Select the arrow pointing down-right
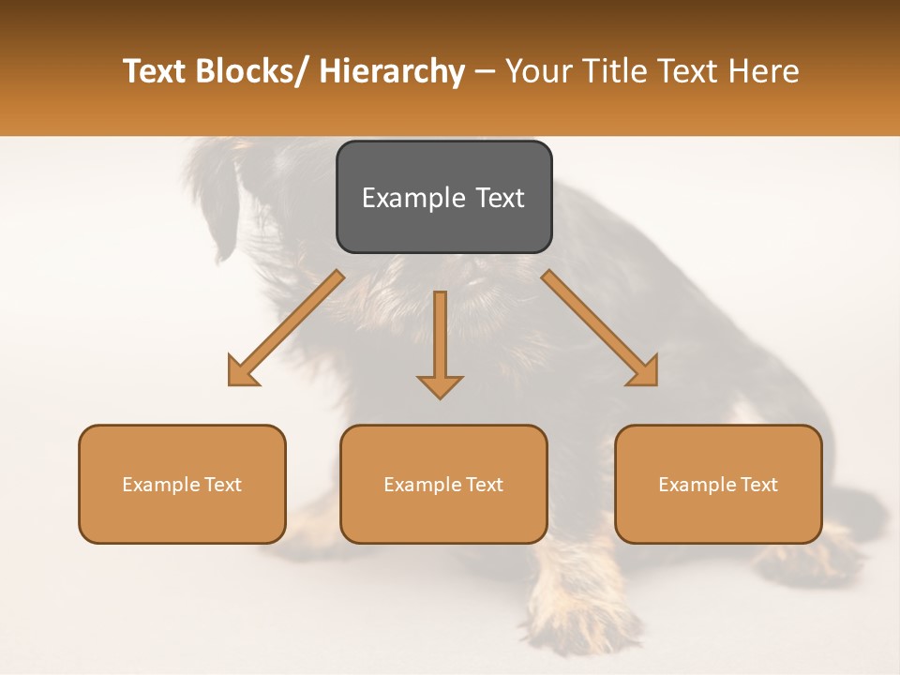[600, 329]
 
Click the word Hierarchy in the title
[392, 71]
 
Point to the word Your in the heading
[534, 71]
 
